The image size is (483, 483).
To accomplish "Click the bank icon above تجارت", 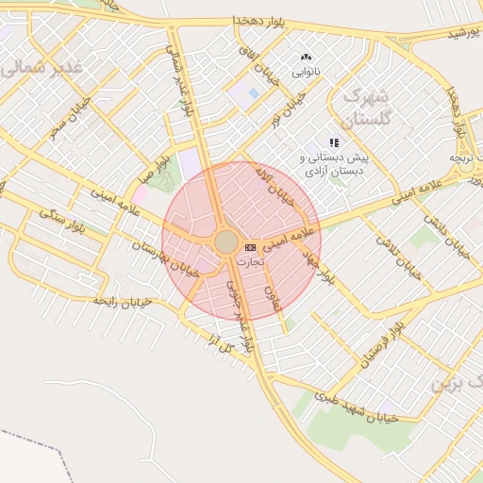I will [x=250, y=247].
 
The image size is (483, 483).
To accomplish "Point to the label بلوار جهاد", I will [x=318, y=268].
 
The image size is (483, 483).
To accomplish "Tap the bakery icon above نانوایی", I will [x=306, y=58].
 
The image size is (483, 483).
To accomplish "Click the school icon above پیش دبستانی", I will [x=333, y=142].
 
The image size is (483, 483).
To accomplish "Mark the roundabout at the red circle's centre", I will [x=226, y=241].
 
